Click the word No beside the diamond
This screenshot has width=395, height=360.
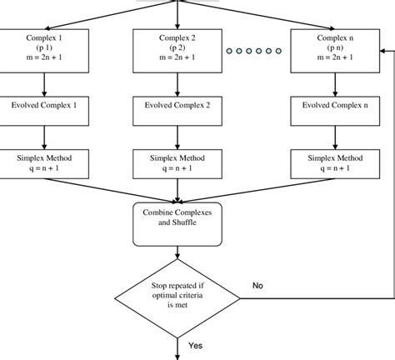259,285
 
